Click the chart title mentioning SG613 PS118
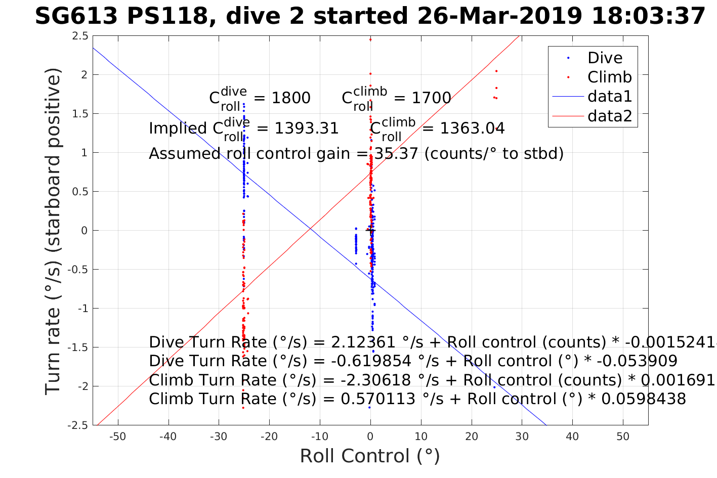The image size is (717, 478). [370, 16]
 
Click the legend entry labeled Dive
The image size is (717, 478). [605, 58]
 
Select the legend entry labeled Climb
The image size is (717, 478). [609, 77]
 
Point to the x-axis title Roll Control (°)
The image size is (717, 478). [370, 456]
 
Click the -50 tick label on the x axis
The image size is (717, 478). [117, 437]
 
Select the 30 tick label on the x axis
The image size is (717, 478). [522, 437]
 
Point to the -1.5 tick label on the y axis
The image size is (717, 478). [77, 347]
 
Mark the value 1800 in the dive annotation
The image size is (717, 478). [291, 98]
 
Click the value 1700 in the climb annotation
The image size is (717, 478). [431, 98]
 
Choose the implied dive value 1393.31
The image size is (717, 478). [307, 128]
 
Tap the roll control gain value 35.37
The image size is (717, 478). [396, 153]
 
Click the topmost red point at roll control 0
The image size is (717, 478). [370, 39]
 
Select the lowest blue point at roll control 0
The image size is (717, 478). [369, 407]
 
